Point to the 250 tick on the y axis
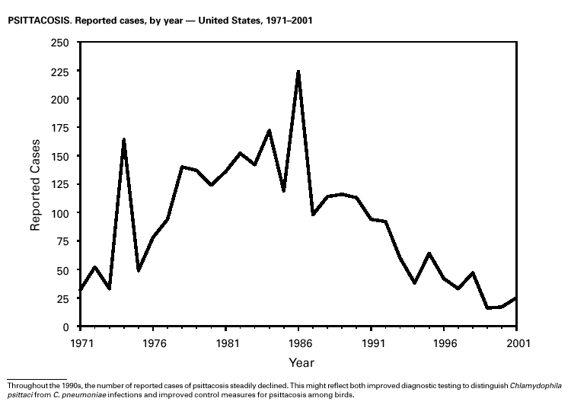pos(59,43)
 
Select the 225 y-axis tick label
pos(59,71)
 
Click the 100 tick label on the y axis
pos(59,213)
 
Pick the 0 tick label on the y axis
pos(66,327)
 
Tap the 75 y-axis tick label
pos(62,241)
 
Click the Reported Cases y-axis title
pos(35,185)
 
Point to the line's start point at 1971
pos(80,290)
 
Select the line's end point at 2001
pos(517,298)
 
